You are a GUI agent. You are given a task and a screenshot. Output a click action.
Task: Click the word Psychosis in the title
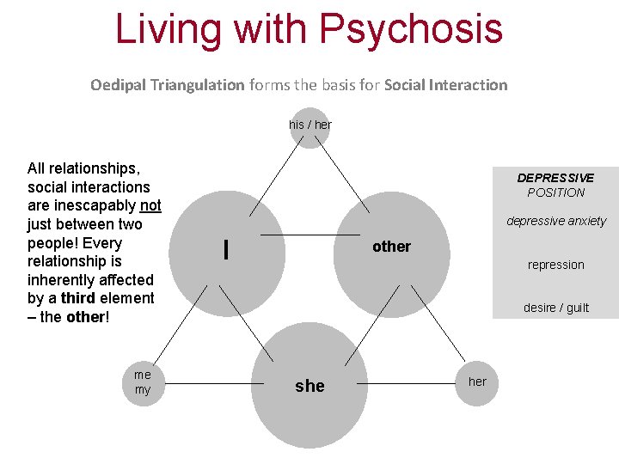(x=410, y=28)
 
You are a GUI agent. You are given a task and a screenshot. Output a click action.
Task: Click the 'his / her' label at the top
(x=310, y=125)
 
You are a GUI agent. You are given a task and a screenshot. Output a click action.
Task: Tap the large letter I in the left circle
(x=225, y=249)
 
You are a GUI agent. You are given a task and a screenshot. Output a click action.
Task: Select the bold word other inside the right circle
(x=391, y=247)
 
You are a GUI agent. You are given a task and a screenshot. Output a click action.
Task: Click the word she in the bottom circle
(x=309, y=386)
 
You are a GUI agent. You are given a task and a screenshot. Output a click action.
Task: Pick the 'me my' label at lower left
(x=143, y=382)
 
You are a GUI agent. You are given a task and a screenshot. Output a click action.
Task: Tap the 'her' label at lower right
(x=477, y=382)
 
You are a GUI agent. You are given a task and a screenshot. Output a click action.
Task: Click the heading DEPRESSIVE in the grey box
(x=555, y=178)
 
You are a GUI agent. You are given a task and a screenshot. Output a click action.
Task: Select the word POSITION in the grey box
(x=555, y=192)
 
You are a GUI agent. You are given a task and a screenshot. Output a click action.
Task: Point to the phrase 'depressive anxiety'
(x=556, y=221)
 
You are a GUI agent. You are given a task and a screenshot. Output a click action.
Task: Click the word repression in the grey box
(x=555, y=265)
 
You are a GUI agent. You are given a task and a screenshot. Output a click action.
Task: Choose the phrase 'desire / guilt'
(x=556, y=308)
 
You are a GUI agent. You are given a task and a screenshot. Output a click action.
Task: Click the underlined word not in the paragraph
(x=150, y=205)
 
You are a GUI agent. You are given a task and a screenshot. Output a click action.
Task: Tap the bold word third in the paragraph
(x=78, y=298)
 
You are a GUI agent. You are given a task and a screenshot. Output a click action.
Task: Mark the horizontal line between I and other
(x=309, y=235)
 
